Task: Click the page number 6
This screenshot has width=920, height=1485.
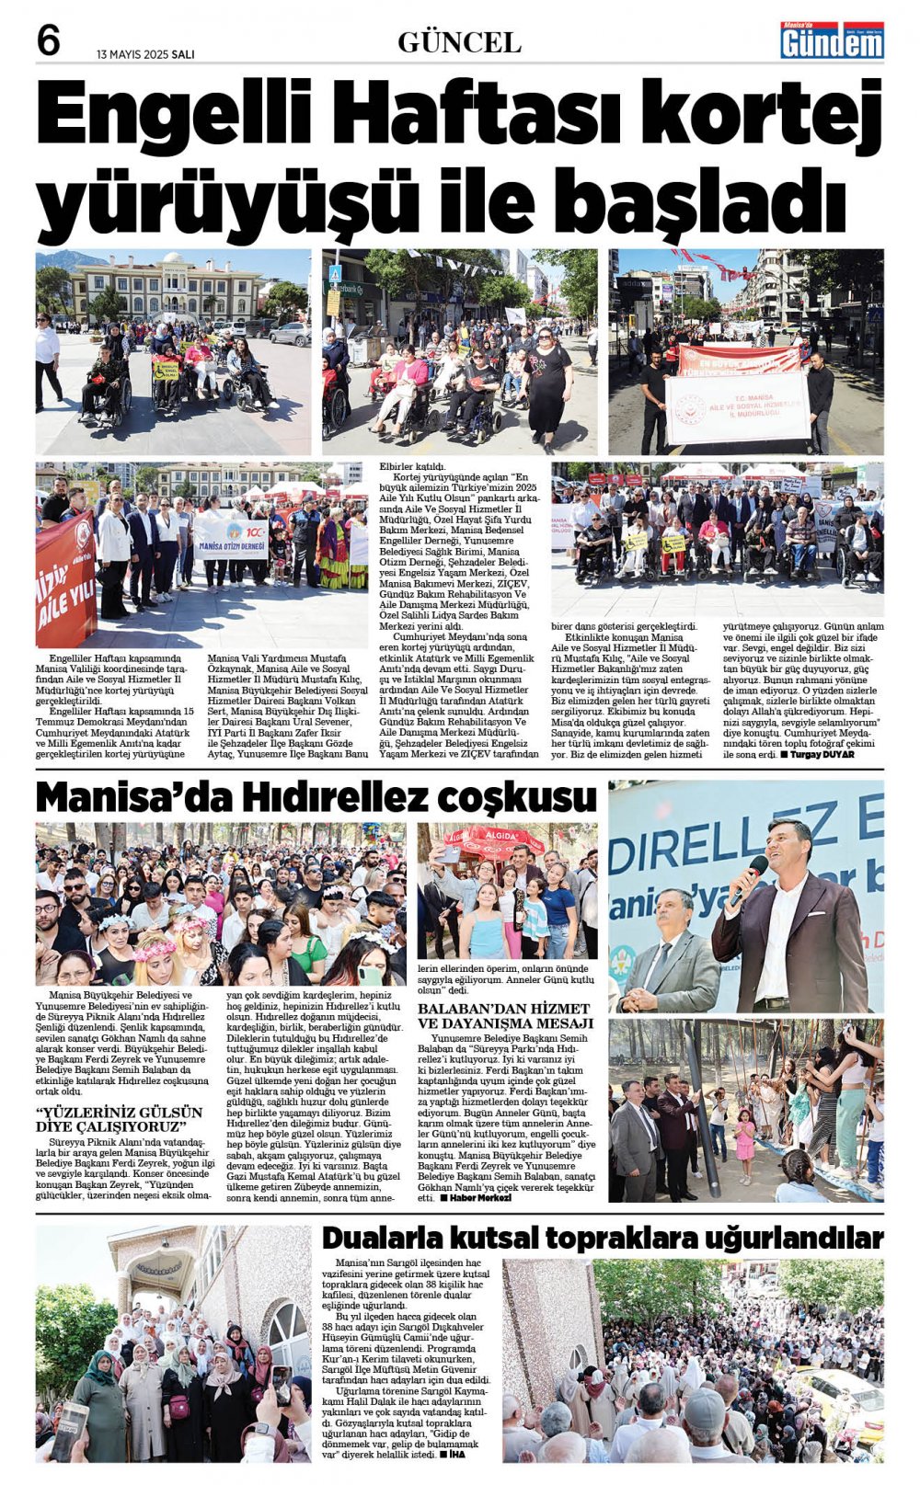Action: tap(49, 40)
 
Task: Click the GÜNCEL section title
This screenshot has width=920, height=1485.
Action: tap(459, 42)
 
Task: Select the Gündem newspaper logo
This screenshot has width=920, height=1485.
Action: tap(832, 40)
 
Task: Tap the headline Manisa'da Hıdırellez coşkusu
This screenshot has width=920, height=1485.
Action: tap(316, 796)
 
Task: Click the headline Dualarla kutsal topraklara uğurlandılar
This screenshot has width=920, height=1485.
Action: tap(603, 1237)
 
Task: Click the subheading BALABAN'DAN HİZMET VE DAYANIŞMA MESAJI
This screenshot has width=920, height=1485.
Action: tap(505, 1016)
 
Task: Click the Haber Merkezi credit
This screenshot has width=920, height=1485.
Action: tap(475, 1197)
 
